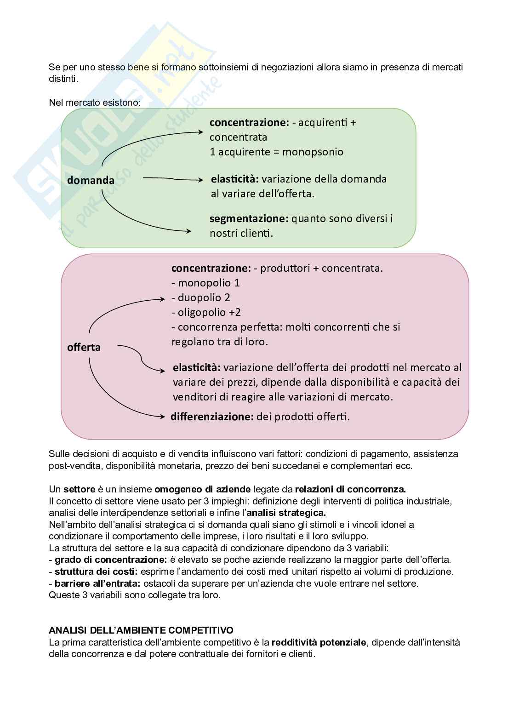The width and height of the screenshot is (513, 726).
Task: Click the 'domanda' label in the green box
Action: tap(91, 180)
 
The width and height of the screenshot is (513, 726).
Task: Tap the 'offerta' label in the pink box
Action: tap(84, 347)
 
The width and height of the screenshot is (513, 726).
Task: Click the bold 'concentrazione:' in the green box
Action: tap(249, 123)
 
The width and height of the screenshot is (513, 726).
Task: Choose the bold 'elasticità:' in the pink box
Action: tap(197, 367)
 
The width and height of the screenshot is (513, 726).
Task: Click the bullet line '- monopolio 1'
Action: tap(205, 283)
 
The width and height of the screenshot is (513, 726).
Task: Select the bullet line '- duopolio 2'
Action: tap(201, 297)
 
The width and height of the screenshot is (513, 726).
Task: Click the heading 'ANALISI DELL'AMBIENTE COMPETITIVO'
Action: tap(141, 630)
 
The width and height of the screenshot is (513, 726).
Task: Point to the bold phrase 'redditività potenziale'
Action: tap(319, 642)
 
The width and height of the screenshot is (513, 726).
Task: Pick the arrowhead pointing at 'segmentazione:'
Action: tap(188, 232)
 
